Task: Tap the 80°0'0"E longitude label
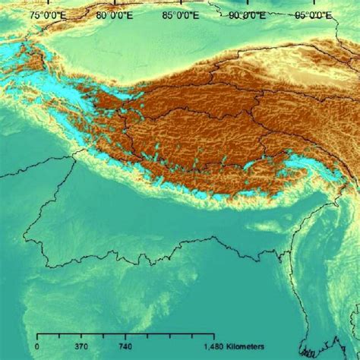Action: tap(114, 14)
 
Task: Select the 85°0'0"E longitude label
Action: tap(180, 14)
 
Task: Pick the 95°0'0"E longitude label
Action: tap(313, 14)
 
